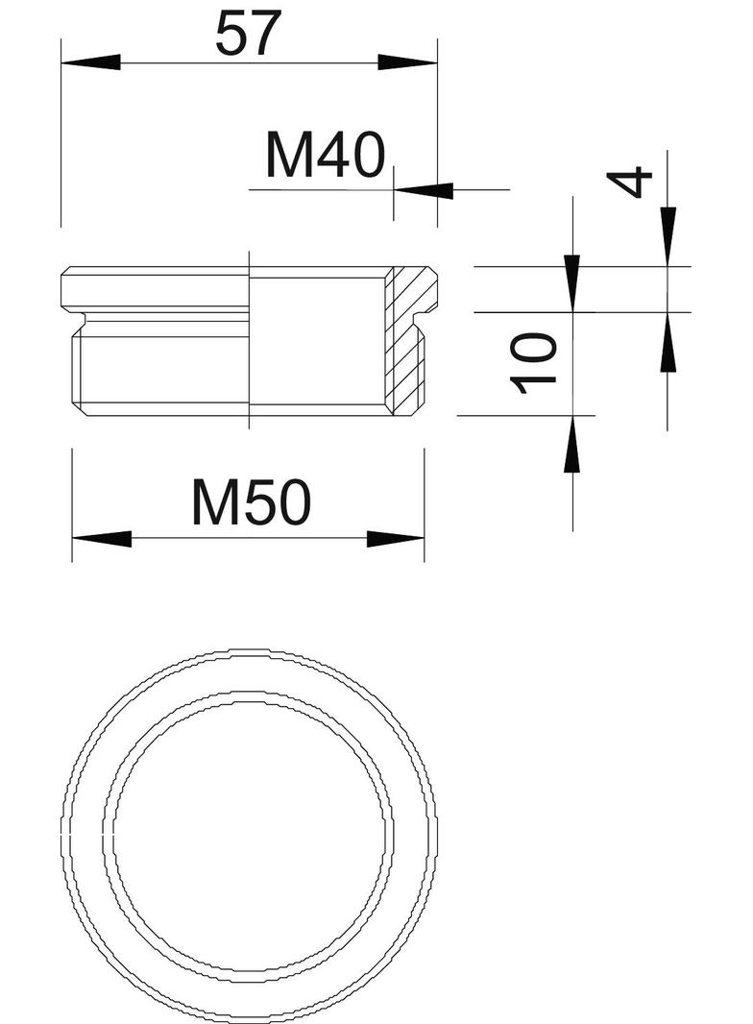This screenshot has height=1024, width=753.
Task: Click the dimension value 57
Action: point(247,35)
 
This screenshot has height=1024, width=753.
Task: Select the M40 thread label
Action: point(325,157)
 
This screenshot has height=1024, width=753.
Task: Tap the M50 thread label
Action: point(251,502)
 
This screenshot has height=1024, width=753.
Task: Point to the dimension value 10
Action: point(534,363)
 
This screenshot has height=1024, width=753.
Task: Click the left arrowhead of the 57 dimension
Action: point(90,62)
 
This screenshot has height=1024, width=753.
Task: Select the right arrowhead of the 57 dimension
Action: point(407,62)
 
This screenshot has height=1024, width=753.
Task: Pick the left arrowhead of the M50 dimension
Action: point(101,539)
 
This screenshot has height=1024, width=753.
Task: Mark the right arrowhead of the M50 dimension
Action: point(395,539)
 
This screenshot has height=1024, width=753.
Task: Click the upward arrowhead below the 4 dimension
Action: point(668,342)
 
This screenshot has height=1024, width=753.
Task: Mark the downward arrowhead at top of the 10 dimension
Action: point(572,282)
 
